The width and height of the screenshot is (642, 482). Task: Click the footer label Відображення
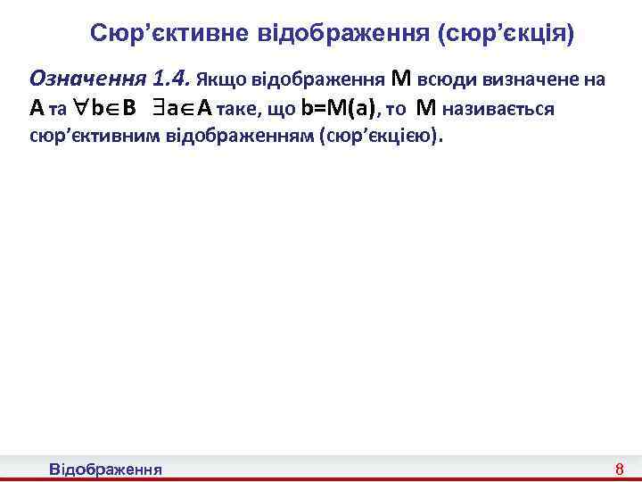105,469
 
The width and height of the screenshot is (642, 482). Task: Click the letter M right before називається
426,109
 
